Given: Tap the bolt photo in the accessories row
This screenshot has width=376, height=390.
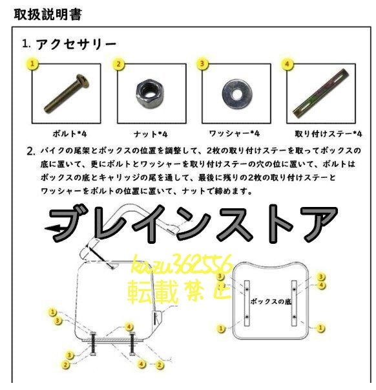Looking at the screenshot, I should click(x=65, y=93).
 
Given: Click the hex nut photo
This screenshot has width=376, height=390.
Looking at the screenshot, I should click(x=149, y=93).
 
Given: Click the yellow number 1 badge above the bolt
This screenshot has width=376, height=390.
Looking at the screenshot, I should click(x=32, y=64).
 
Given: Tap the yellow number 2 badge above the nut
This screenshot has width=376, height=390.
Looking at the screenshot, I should click(x=118, y=64).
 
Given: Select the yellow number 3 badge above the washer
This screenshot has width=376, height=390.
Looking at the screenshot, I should click(x=203, y=64).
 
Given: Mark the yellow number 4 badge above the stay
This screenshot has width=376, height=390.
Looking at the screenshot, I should click(x=287, y=64).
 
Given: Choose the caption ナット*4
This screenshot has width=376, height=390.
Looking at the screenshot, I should click(x=150, y=134).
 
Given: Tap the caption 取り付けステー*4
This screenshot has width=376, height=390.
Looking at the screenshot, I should click(x=328, y=134).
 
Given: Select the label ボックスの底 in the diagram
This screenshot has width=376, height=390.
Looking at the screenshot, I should click(x=272, y=301).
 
